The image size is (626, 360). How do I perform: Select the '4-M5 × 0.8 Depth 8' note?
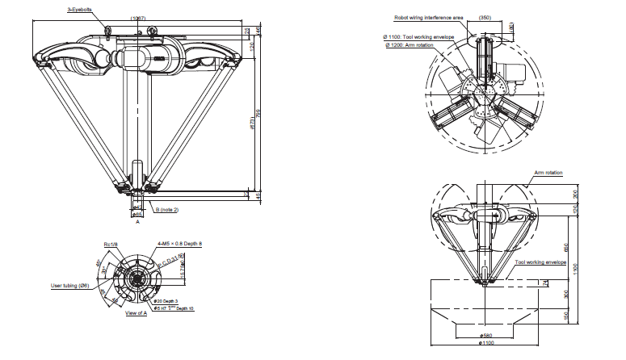point(180,243)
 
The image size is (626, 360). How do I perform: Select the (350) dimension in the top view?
point(484,17)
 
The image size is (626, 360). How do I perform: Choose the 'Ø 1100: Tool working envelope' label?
point(419,37)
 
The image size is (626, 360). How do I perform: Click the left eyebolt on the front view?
point(108,30)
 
